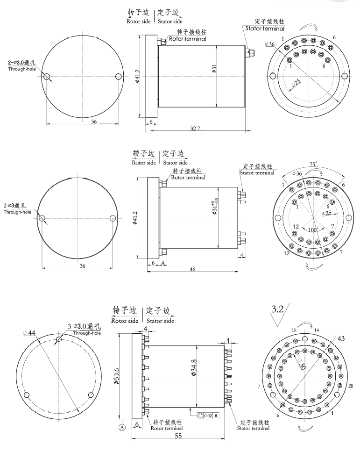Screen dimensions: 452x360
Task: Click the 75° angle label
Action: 313,165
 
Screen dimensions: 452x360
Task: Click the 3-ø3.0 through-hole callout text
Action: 82,326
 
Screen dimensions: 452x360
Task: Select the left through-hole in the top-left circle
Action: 46,76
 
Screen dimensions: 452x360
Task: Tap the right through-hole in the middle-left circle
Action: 113,218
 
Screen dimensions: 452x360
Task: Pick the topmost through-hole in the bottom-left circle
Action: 58,339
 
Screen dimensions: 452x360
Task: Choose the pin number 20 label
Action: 350,386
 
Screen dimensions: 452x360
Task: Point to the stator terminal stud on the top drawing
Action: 250,54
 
